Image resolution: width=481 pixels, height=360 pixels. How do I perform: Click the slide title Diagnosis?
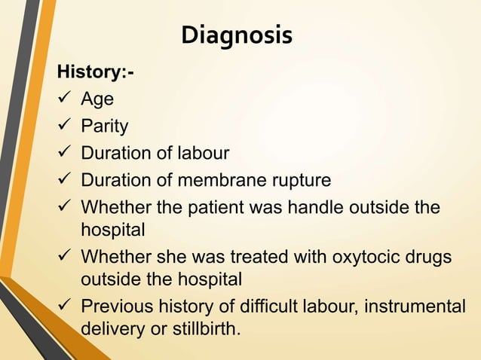(x=237, y=35)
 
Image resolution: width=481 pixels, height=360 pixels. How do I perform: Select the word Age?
(x=97, y=99)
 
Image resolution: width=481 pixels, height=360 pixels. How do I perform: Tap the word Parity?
(x=105, y=126)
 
